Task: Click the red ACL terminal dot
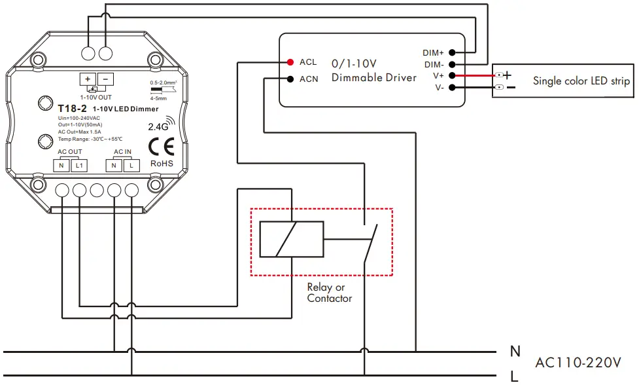289,62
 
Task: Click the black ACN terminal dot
289,79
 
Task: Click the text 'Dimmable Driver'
373,77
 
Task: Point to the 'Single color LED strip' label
581,81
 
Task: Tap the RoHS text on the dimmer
161,163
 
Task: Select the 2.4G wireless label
159,126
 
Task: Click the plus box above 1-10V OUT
88,79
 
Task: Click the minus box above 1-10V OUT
106,79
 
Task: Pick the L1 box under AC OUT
79,166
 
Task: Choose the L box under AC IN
131,166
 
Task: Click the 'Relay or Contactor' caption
329,293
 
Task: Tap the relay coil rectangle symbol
291,239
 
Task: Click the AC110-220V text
577,362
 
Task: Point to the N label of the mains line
515,352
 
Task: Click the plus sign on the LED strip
507,76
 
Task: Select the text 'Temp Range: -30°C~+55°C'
90,139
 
